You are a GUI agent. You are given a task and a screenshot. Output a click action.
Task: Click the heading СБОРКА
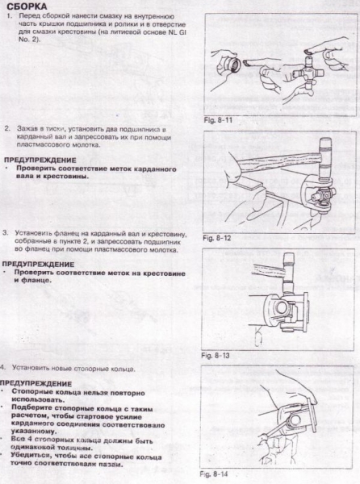25,6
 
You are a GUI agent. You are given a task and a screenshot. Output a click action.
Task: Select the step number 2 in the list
6,128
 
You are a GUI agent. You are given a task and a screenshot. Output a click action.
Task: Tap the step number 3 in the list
6,232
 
